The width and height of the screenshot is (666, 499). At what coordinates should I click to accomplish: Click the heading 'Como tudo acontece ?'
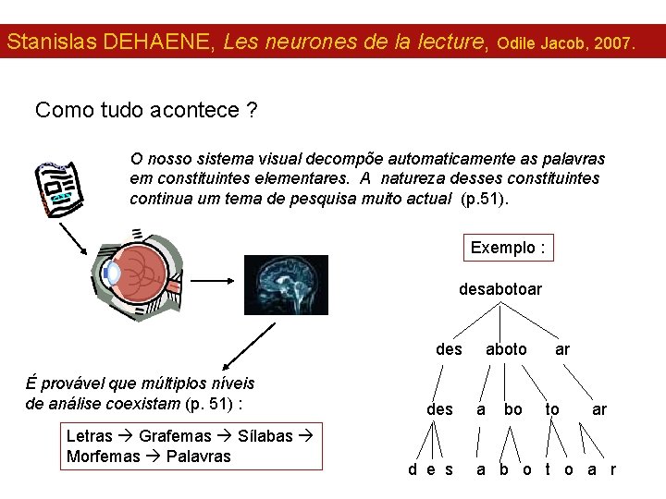[x=146, y=111]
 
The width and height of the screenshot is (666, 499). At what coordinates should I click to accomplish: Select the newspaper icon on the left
[x=57, y=189]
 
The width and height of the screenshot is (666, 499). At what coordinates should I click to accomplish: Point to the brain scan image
[x=286, y=285]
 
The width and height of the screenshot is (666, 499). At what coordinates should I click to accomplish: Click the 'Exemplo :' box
[x=508, y=248]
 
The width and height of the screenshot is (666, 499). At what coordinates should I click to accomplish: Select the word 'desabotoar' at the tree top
[x=500, y=289]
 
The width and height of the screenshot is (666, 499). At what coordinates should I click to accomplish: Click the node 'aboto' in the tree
[x=506, y=349]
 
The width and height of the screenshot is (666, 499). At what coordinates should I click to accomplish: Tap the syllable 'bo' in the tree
[x=512, y=408]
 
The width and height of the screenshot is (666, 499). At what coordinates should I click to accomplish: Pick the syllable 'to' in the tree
[x=552, y=408]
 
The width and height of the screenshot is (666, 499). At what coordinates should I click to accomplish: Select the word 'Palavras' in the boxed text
[x=199, y=456]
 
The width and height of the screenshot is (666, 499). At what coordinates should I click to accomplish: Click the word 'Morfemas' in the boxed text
[x=104, y=456]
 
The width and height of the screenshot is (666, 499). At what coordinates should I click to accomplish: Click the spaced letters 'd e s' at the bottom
[x=431, y=469]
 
